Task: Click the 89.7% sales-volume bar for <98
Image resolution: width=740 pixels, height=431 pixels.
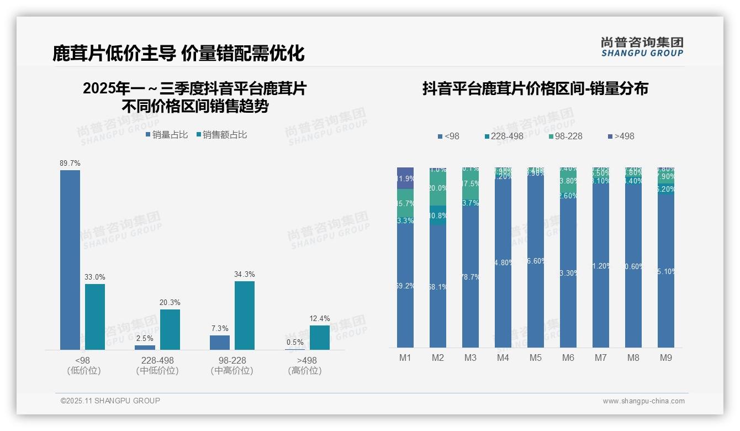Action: (70, 260)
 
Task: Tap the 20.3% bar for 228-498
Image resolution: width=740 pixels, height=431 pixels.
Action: (170, 329)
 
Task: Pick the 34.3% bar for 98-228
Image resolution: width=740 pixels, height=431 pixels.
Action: (245, 316)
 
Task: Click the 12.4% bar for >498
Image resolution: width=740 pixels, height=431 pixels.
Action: (320, 338)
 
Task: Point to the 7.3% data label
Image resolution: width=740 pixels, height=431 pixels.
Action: (220, 329)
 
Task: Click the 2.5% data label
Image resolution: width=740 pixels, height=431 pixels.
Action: (145, 338)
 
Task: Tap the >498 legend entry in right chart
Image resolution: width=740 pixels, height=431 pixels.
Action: (621, 136)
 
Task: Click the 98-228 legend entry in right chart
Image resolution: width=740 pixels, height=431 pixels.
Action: (565, 136)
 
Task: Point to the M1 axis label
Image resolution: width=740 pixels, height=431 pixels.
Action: (405, 358)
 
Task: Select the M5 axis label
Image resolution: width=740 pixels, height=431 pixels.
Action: (536, 358)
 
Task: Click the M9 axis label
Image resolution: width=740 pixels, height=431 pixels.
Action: (666, 358)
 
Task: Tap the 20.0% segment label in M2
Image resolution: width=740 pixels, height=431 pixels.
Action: (438, 188)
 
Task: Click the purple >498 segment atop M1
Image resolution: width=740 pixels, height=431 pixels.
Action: (405, 178)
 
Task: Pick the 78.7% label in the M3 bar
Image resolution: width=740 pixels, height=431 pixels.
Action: (471, 277)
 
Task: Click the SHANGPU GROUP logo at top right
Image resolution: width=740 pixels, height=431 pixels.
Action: (642, 46)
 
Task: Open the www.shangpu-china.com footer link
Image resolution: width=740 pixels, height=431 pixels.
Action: (643, 401)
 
